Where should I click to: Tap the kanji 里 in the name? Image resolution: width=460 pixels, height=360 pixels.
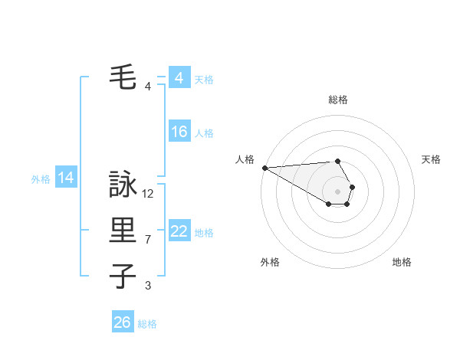(123, 231)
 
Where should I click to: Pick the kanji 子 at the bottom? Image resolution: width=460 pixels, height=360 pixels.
(123, 276)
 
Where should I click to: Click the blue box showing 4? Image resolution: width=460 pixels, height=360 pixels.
(179, 78)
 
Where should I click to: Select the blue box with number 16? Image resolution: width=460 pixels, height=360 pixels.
(179, 132)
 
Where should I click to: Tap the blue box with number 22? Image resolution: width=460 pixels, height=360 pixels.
(179, 231)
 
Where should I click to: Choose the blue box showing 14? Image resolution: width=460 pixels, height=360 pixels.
(65, 178)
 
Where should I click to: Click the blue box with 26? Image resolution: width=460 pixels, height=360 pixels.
(122, 322)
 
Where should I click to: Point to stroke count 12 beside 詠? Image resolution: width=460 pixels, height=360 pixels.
(148, 194)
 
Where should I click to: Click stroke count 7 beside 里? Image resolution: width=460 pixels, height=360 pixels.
(148, 240)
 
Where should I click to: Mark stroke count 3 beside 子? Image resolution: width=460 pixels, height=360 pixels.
(148, 286)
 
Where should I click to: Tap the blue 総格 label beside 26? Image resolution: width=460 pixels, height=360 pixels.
(147, 324)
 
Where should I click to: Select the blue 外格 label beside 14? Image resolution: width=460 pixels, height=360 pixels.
(41, 179)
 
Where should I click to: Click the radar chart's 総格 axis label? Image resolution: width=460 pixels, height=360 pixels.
(338, 100)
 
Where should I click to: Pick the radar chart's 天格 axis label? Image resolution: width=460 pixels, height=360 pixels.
(431, 159)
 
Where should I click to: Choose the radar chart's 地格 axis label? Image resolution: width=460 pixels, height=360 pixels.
(402, 262)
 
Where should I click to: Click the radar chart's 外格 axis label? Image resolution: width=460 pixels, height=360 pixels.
(270, 262)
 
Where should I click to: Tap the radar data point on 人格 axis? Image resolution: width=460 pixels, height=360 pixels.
(264, 168)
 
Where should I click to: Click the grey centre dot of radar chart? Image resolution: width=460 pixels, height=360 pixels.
(338, 191)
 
